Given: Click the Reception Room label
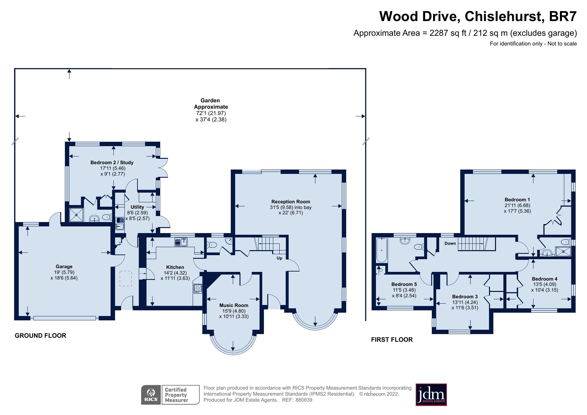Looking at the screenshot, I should pos(290,202).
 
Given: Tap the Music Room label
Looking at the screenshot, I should pos(234,305).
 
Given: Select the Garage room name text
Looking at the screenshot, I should pos(64,267).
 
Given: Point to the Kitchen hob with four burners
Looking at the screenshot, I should pos(197,288).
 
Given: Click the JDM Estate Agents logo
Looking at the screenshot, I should pos(431,395).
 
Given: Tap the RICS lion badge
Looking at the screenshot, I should pos(151,395).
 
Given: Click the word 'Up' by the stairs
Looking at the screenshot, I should pos(279,258).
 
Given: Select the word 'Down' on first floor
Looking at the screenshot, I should pos(450,243).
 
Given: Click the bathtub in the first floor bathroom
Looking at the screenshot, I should pos(381,250).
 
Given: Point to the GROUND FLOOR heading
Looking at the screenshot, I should pos(40,335).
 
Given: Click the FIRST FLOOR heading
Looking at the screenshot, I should pos(392,339).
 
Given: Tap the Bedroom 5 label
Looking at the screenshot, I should pos(404,284).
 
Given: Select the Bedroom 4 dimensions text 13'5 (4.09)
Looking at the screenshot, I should pos(545,285).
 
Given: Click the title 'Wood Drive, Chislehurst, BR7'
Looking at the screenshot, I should pos(478,16).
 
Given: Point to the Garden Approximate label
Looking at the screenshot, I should pos(211,104).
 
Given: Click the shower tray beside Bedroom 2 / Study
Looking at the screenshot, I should pos(76,215).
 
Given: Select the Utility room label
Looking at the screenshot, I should pos(137,207).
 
